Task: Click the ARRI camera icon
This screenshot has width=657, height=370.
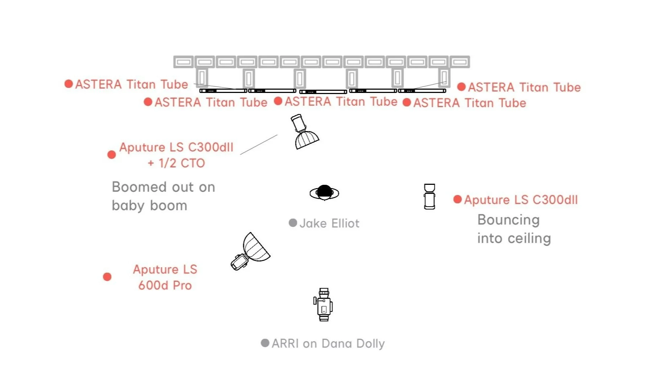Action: tap(323, 305)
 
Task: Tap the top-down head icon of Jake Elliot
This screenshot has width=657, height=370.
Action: tap(324, 193)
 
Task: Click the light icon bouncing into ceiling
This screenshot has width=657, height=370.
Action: tap(430, 196)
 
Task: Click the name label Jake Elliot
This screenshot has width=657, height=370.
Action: tap(329, 223)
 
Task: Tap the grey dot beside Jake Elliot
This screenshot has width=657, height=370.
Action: tap(293, 223)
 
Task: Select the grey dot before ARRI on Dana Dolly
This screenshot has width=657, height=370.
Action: tap(265, 343)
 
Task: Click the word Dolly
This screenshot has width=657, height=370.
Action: tap(370, 343)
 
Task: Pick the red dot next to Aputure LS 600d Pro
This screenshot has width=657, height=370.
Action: tap(107, 277)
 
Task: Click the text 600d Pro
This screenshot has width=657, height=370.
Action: tap(165, 285)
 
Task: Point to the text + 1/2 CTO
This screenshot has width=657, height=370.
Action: tap(176, 163)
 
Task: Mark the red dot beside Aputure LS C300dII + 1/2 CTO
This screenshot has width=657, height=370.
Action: tap(112, 155)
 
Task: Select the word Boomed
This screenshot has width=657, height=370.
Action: tap(136, 187)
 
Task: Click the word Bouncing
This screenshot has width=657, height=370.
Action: tap(509, 220)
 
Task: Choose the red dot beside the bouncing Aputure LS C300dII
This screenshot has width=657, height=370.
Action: tap(457, 199)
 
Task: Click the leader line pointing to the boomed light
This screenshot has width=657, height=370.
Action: tap(259, 145)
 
